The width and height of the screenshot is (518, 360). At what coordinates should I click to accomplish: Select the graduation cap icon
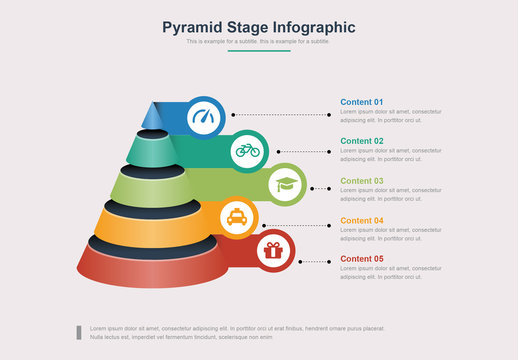click(286, 183)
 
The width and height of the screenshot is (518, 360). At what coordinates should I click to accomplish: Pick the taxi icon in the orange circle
click(235, 217)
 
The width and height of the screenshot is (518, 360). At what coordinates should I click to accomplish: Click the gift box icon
click(273, 250)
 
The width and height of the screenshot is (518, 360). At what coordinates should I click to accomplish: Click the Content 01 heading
click(361, 102)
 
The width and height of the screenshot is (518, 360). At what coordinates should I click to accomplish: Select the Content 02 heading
click(361, 141)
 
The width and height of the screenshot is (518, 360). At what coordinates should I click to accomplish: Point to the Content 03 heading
click(361, 181)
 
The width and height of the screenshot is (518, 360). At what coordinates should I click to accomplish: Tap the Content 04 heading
click(361, 220)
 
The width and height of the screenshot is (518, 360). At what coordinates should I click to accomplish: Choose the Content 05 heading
click(361, 259)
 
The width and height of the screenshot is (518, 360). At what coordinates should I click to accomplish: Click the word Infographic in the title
click(311, 27)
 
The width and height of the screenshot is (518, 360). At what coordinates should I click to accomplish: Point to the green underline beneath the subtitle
click(258, 51)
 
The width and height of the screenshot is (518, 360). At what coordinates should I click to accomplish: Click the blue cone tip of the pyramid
click(152, 115)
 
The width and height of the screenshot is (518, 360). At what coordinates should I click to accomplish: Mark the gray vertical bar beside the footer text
click(79, 332)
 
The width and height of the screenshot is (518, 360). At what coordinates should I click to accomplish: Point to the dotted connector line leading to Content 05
click(314, 261)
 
